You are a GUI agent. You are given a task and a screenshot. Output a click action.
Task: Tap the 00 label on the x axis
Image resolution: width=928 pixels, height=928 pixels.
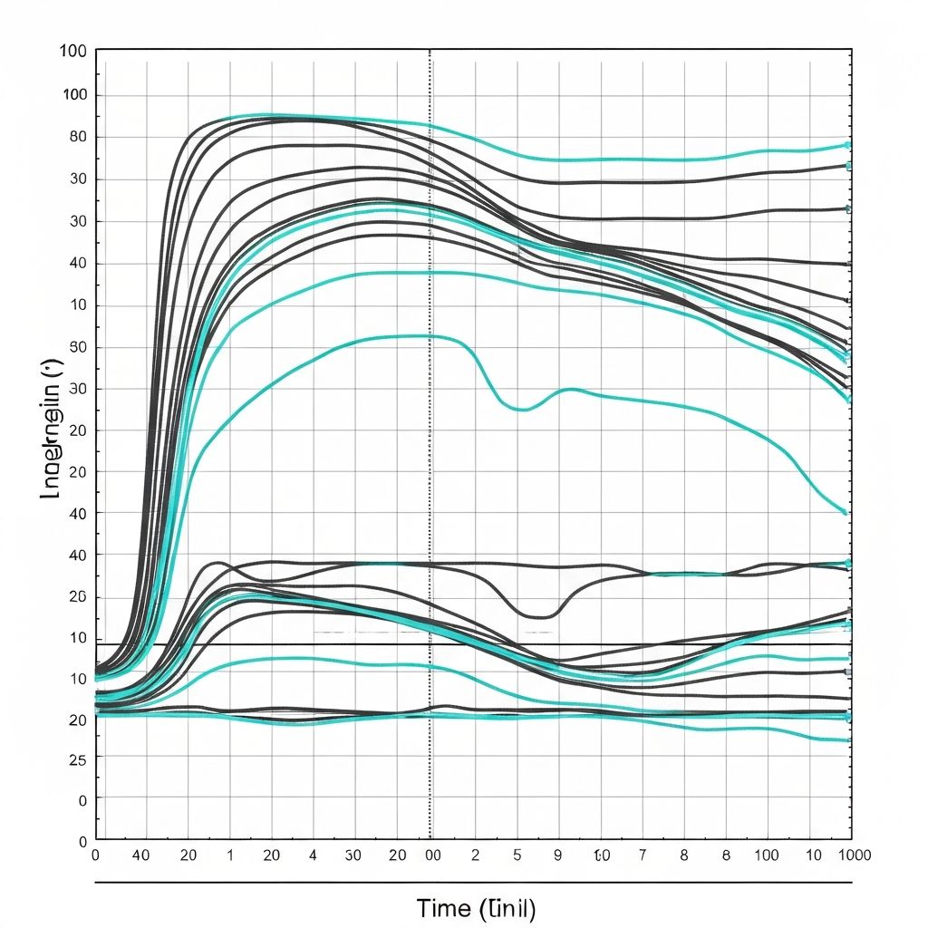click(433, 855)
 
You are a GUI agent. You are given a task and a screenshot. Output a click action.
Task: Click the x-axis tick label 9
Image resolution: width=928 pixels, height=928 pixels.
click(557, 855)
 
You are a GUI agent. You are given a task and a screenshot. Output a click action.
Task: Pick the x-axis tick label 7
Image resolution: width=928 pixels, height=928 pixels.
click(642, 855)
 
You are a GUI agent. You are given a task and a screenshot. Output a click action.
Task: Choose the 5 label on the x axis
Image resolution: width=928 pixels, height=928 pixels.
click(517, 855)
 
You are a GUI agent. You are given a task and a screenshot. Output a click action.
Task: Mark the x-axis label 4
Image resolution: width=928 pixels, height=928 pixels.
click(313, 855)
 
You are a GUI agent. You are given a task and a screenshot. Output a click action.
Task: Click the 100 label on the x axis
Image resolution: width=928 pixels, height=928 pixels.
click(766, 855)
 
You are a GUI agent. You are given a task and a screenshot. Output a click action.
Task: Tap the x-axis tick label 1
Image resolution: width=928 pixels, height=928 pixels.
click(229, 855)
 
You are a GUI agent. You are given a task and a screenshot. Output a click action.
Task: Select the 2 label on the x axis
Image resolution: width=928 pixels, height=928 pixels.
click(475, 855)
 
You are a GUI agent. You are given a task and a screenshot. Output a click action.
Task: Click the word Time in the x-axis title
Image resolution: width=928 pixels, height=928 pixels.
click(445, 907)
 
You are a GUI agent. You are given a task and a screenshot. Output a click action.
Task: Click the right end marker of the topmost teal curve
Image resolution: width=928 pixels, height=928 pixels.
click(847, 145)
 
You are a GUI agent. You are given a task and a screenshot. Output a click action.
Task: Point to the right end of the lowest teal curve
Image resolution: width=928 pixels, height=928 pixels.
click(847, 740)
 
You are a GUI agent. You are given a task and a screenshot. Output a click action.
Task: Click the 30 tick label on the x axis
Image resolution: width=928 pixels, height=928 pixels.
click(354, 855)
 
